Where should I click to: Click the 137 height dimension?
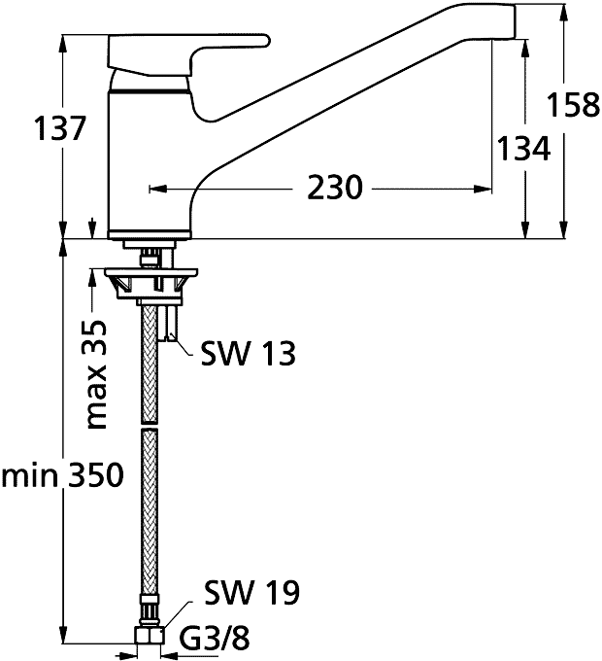pyautogui.click(x=60, y=128)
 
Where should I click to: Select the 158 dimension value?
pyautogui.click(x=573, y=105)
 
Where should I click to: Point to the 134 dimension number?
pyautogui.click(x=523, y=148)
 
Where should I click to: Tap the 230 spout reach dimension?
pyautogui.click(x=335, y=188)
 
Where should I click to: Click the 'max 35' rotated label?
pyautogui.click(x=96, y=374)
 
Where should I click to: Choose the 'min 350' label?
pyautogui.click(x=63, y=475)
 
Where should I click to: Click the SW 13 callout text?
pyautogui.click(x=248, y=353)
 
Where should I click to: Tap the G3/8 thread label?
pyautogui.click(x=215, y=639)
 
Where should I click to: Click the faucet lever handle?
pyautogui.click(x=188, y=54)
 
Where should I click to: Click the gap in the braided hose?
pyautogui.click(x=150, y=426)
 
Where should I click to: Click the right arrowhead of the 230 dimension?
pyautogui.click(x=483, y=189)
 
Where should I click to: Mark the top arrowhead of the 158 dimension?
pyautogui.click(x=564, y=13)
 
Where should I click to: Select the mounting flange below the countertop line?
pyautogui.click(x=150, y=282)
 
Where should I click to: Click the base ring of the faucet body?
pyautogui.click(x=150, y=234)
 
